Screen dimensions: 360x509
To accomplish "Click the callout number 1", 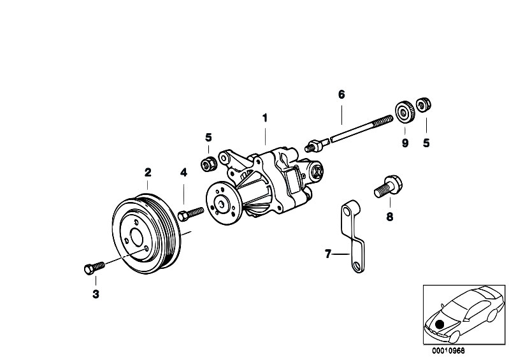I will point(264,117).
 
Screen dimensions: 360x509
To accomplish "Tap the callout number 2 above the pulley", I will point(147,172).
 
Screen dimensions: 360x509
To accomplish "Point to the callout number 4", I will point(183,172).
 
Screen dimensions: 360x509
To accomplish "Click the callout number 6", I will point(341,95).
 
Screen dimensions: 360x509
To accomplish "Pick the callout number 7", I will point(328,254).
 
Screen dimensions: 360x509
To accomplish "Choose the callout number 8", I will point(389,217).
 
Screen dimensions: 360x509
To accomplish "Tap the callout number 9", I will point(404,143).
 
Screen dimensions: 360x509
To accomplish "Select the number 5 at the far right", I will point(426,143).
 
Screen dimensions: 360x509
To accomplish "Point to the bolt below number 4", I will point(191,213).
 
